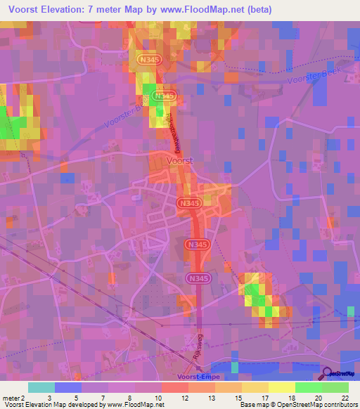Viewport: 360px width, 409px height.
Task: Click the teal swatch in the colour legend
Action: pos(41,387)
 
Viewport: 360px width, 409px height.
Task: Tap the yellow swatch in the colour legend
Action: pos(282,387)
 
